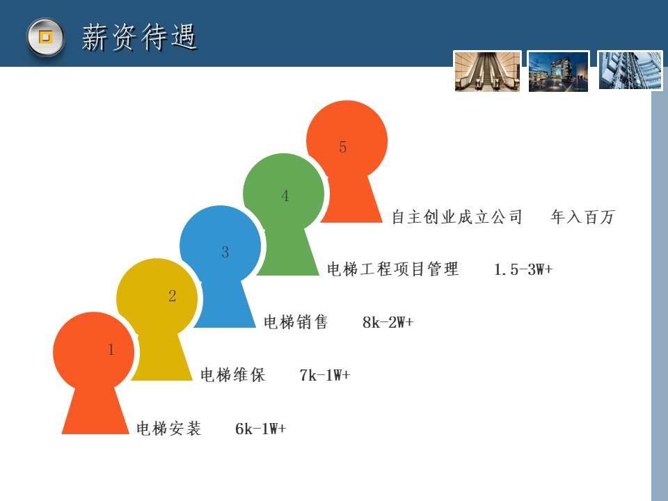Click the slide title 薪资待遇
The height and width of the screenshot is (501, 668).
click(x=139, y=37)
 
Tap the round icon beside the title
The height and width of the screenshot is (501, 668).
click(x=45, y=37)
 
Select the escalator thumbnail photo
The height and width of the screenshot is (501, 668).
click(x=487, y=71)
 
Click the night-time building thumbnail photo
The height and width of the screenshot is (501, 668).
click(x=558, y=71)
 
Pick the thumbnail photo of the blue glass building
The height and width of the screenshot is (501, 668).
click(x=630, y=70)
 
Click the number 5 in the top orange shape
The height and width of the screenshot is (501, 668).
click(x=343, y=147)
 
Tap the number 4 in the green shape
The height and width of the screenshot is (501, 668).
click(x=285, y=196)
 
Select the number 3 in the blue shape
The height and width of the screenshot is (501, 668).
click(x=225, y=252)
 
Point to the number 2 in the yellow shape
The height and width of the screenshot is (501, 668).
click(x=172, y=296)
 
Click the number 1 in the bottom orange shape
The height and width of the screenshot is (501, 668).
click(x=111, y=350)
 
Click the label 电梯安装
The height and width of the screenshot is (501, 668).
click(x=168, y=429)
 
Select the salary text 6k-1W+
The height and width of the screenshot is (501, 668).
click(x=261, y=429)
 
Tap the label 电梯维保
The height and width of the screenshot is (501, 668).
click(x=232, y=375)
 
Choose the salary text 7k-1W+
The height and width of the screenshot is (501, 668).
click(x=325, y=375)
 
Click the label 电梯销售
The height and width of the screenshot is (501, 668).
click(x=296, y=322)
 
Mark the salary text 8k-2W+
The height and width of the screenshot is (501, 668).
click(x=388, y=322)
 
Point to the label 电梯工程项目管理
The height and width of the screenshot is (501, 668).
click(x=392, y=269)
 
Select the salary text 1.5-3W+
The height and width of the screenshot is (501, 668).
click(x=523, y=269)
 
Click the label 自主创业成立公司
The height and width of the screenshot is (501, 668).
click(x=456, y=217)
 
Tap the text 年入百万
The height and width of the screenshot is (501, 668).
click(x=582, y=217)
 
